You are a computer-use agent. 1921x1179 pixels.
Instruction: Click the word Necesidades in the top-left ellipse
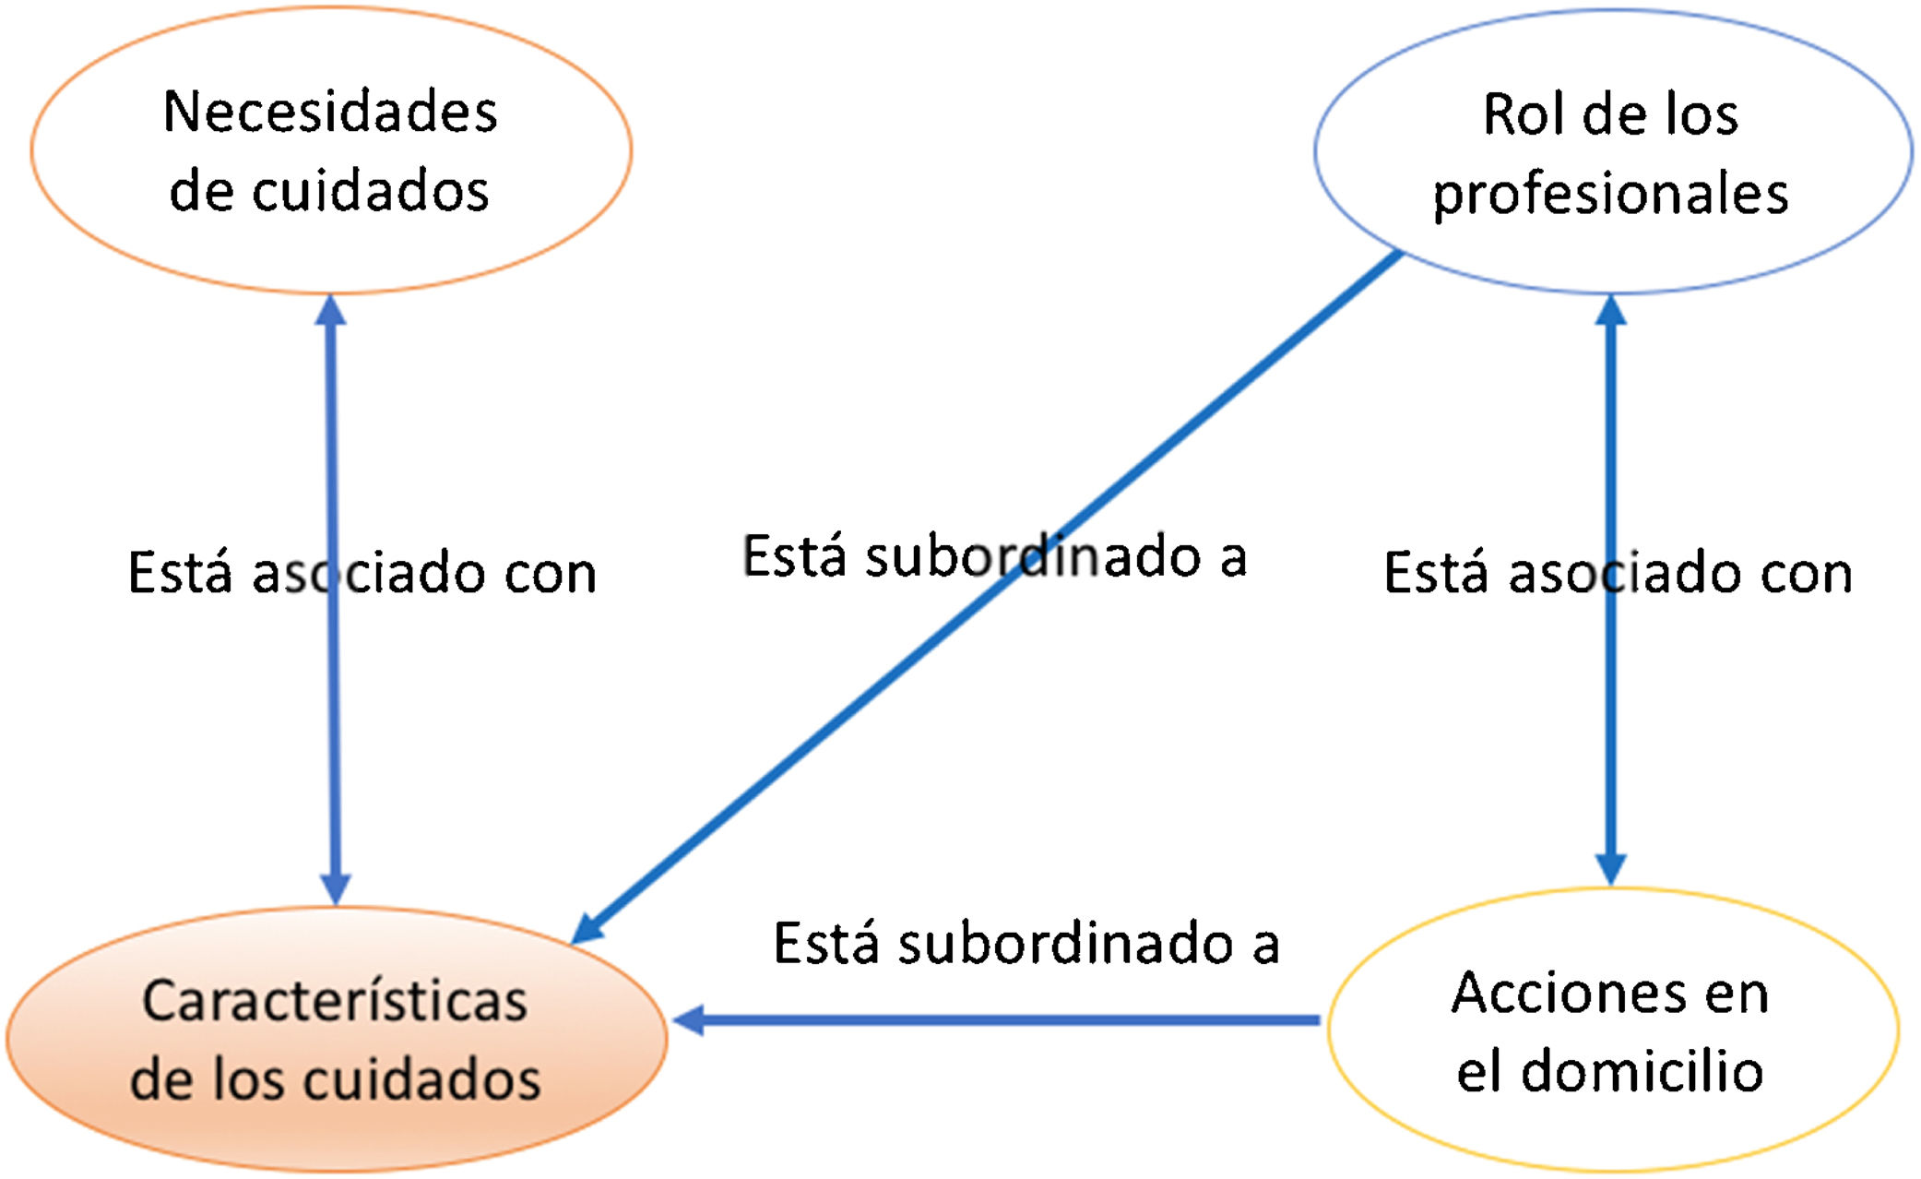tap(330, 113)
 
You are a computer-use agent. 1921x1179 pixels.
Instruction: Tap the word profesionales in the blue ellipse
tap(1610, 195)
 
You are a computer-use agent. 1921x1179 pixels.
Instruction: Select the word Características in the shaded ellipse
tap(335, 1001)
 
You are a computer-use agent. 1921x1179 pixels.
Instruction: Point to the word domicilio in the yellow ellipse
tap(1642, 1072)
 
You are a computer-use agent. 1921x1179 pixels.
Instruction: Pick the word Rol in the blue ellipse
tap(1515, 115)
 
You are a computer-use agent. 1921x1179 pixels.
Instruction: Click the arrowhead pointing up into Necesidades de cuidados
tap(330, 310)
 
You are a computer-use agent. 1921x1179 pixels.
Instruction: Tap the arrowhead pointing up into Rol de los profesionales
tap(1610, 311)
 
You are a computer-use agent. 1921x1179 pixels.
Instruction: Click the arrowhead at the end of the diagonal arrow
tap(588, 927)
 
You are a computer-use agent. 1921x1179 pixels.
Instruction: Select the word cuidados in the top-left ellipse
tap(370, 192)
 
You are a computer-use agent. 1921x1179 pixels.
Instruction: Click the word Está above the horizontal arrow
tap(825, 945)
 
